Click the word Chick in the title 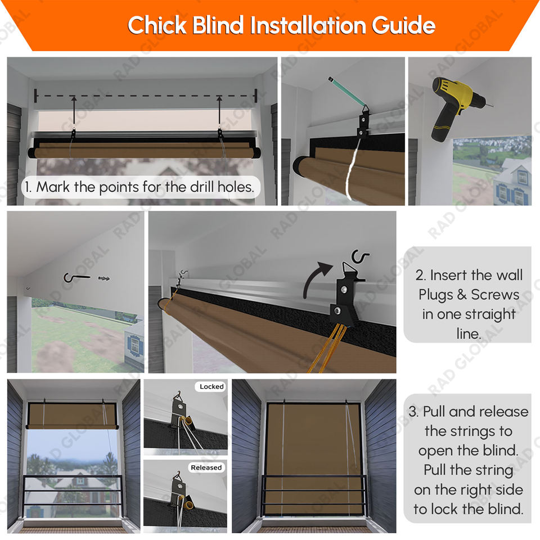tap(157, 25)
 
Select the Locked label tap(211, 386)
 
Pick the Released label tap(206, 467)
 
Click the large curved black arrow tap(317, 280)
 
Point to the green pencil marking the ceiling tap(347, 92)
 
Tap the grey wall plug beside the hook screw tap(103, 278)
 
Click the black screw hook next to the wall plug tap(76, 277)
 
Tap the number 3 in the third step tap(413, 412)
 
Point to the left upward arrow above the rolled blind tap(74, 111)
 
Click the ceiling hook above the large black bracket tap(359, 256)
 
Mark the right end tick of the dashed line tap(255, 96)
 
